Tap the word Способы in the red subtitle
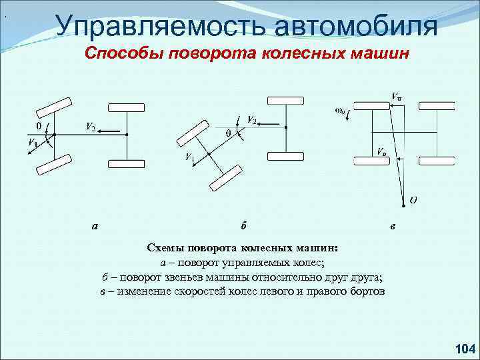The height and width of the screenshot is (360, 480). (x=127, y=53)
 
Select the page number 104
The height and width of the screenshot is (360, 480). (x=463, y=348)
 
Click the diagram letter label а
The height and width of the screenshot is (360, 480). (x=96, y=225)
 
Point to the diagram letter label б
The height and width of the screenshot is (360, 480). (x=243, y=225)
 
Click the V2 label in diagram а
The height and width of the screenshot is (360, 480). (x=89, y=126)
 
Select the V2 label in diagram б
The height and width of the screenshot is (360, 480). (x=252, y=119)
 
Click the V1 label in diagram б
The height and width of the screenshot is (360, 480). (x=190, y=158)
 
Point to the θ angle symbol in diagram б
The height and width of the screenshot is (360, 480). (x=227, y=133)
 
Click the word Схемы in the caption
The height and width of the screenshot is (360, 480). (x=166, y=248)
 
